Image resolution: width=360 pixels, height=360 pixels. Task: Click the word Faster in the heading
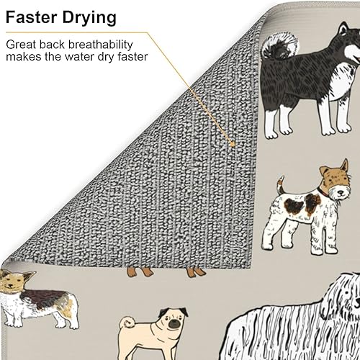click(35, 16)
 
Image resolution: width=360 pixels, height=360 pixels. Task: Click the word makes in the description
click(24, 57)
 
